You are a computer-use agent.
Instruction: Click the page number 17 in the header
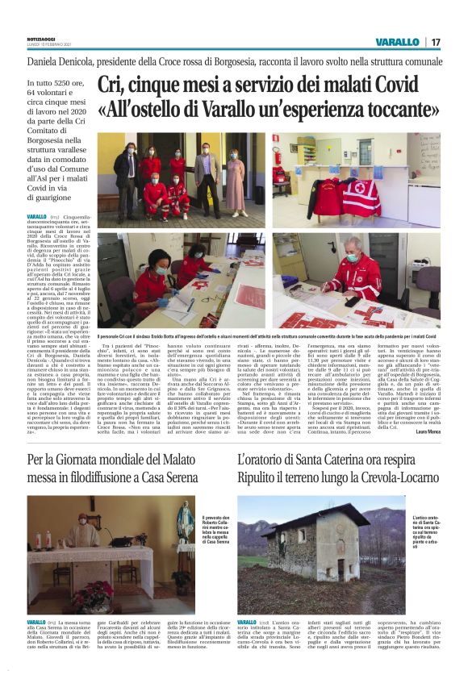tap(437, 41)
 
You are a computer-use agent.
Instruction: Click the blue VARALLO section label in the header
tap(397, 41)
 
